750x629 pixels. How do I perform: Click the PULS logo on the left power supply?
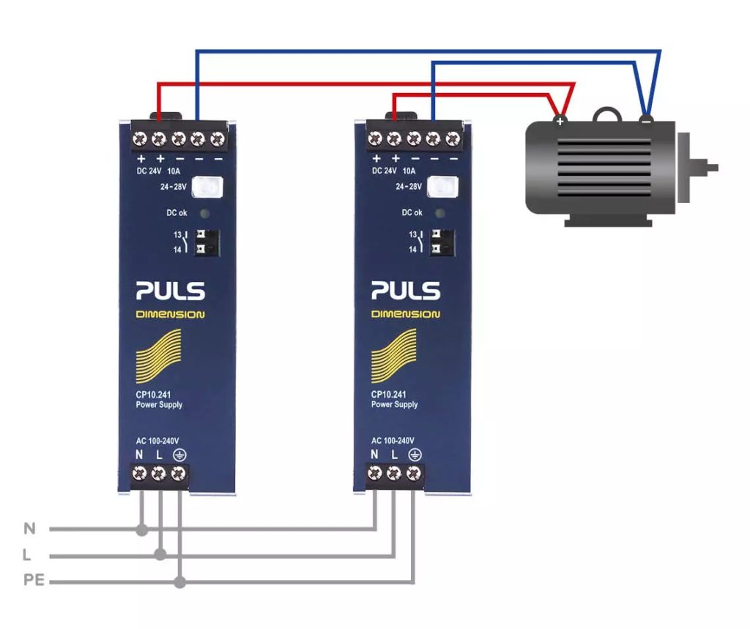tap(170, 291)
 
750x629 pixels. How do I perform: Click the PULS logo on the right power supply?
tap(405, 291)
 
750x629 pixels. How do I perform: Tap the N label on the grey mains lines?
tap(29, 529)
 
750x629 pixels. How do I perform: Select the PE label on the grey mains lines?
tap(34, 581)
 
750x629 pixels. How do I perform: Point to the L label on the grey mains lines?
tap(28, 555)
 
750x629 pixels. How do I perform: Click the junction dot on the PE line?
tap(179, 583)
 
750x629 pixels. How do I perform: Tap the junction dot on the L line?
tap(160, 556)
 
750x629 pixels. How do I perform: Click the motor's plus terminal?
tap(560, 120)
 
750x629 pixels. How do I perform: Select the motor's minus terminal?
tap(645, 119)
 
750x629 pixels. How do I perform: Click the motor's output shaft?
tap(708, 168)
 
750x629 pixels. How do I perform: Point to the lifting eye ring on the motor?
tap(606, 114)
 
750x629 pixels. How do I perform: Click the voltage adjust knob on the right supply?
tap(442, 187)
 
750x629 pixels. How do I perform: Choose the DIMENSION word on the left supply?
tap(170, 315)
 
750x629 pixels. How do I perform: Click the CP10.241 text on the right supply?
tap(389, 395)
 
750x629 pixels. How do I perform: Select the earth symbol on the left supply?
tap(179, 455)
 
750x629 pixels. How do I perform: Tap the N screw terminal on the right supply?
tap(375, 474)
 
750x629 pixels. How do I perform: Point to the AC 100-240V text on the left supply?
tap(157, 441)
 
